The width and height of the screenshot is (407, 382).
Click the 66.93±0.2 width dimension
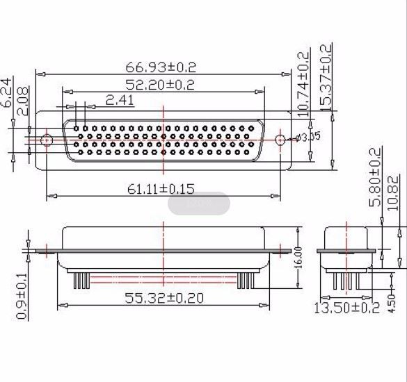pos(161,67)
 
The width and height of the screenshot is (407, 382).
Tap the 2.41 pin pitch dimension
pos(120,100)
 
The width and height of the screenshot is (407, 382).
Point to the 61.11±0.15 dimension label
pos(160,189)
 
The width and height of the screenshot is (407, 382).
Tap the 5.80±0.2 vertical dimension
pos(375,176)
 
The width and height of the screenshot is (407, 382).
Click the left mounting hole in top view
pos(46,140)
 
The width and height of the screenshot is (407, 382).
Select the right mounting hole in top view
pos(280,140)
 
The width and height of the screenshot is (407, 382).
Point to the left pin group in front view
pos(81,280)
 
